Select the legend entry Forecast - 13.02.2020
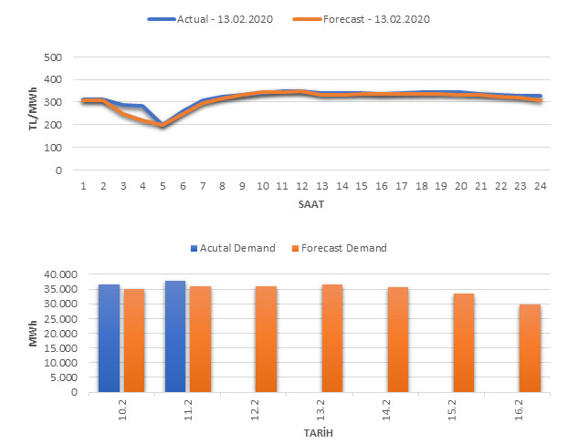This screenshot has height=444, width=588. pos(376,19)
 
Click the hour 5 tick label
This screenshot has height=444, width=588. pos(163,186)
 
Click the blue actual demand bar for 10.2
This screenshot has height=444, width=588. pos(109,338)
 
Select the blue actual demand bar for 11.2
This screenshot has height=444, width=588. pos(175,336)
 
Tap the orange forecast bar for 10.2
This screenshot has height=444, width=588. pos(134,340)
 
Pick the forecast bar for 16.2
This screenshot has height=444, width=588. pos(530,348)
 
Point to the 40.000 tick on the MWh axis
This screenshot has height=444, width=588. pos(62,274)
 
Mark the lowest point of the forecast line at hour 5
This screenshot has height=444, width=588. pos(163,127)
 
